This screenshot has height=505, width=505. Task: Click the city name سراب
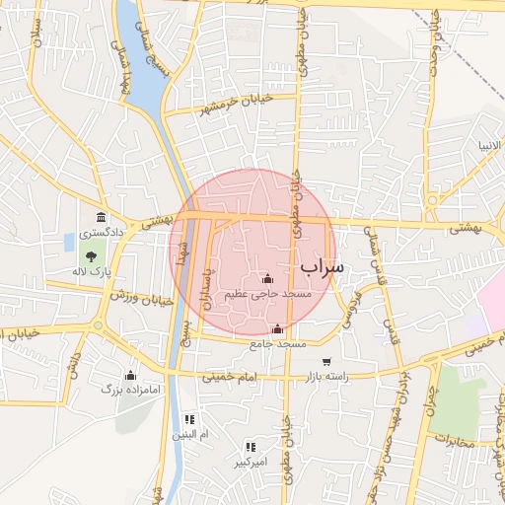[322, 266]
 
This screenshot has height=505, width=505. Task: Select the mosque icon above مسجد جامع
[277, 329]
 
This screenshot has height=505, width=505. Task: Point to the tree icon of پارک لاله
[91, 256]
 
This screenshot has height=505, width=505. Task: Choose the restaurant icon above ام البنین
[186, 419]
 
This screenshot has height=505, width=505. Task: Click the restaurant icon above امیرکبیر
[249, 446]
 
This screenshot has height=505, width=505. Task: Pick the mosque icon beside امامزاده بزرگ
[130, 375]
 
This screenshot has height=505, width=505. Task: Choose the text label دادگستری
[101, 234]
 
